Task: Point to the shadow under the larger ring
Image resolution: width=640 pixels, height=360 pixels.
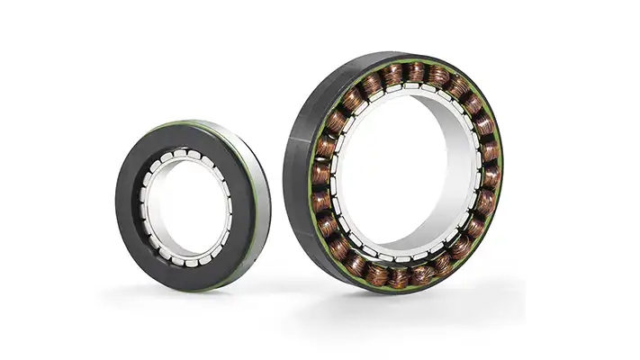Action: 423,297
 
